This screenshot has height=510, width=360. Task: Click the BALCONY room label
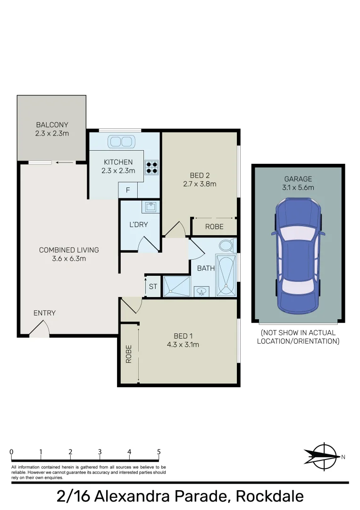tap(52, 125)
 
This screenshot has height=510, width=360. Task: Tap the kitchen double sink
tap(121, 141)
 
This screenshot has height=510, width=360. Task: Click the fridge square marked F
tap(127, 191)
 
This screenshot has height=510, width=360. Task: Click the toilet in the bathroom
tap(226, 246)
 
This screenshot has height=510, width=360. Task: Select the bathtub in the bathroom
tap(226, 276)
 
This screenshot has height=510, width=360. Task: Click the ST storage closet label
tap(153, 287)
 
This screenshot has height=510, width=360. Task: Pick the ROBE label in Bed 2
tap(214, 227)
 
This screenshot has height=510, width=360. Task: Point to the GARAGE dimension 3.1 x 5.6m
tap(298, 187)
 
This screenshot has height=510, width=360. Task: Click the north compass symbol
tap(323, 456)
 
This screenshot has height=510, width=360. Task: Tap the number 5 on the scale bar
tap(159, 452)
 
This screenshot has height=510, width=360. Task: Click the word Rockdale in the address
tap(269, 497)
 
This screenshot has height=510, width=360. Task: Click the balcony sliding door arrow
tap(65, 163)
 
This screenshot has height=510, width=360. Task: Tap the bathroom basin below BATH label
tap(202, 291)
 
